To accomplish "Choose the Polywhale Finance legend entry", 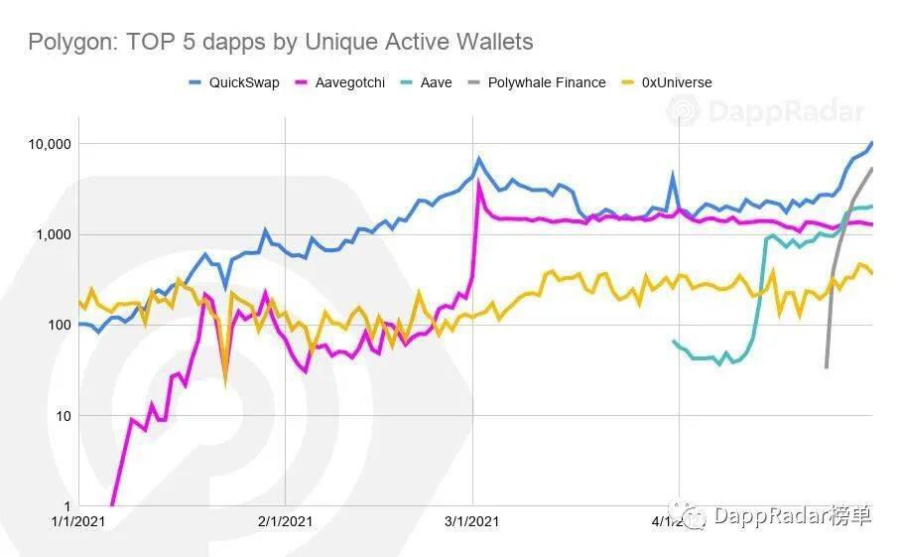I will click(x=546, y=82).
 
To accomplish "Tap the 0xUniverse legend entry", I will click(x=675, y=82).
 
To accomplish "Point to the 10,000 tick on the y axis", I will click(x=46, y=144).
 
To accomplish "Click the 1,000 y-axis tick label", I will click(x=50, y=234).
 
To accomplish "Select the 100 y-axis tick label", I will click(x=56, y=325).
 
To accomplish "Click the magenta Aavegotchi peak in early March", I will click(x=480, y=183).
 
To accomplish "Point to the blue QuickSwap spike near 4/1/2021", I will click(x=673, y=176).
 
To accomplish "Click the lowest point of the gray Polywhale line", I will click(x=826, y=367).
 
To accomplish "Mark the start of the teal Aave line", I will click(x=674, y=342).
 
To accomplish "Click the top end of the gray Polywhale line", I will click(x=872, y=169).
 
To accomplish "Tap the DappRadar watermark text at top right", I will click(x=784, y=112).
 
